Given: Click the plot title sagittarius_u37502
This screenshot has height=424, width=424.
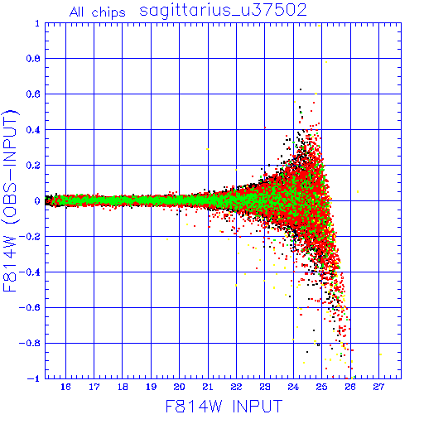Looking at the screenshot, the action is (x=223, y=11).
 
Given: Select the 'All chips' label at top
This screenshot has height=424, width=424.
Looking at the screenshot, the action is (x=97, y=12).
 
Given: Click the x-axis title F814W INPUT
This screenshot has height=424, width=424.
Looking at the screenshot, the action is (x=224, y=406).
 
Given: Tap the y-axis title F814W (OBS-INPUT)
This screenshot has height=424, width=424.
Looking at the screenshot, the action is (x=10, y=200).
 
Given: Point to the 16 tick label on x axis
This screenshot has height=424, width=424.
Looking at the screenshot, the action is (x=65, y=387).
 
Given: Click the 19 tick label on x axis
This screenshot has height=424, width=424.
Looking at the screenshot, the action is (x=151, y=387).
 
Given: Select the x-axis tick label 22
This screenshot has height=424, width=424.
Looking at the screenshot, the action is (x=236, y=387).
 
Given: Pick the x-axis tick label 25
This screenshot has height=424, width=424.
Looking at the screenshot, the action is (x=321, y=387).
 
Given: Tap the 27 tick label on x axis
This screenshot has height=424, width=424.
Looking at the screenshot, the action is (x=378, y=387).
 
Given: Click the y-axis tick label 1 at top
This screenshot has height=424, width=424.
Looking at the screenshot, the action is (x=37, y=23).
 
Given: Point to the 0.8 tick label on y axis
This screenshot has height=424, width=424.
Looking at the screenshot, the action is (x=33, y=59).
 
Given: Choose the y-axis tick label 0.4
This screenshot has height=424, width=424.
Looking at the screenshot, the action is (x=33, y=130).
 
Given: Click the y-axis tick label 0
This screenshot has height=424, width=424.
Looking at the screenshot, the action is (x=37, y=200).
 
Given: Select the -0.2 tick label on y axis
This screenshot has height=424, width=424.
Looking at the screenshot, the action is (x=30, y=236).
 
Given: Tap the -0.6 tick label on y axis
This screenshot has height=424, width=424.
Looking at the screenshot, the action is (x=30, y=307).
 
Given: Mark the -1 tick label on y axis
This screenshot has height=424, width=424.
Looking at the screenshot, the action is (x=34, y=378).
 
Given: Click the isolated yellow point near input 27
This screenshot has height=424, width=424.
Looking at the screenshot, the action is (x=381, y=354).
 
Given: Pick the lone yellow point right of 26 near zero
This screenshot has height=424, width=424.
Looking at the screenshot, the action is (x=358, y=191).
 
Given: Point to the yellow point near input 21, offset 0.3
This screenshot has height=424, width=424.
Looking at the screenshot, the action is (x=208, y=149).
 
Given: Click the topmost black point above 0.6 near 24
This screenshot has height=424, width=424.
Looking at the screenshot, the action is (x=301, y=89).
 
